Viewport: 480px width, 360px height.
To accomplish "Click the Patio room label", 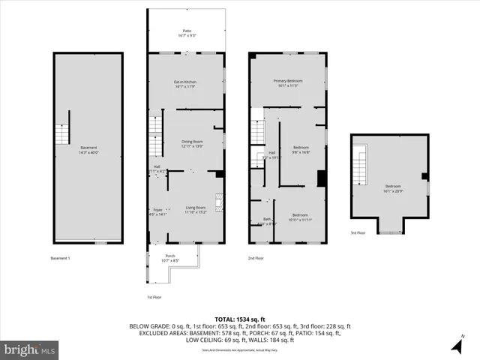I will [x=187, y=33].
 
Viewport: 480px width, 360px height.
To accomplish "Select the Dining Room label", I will [x=193, y=143].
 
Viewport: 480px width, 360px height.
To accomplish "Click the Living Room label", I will [x=196, y=210].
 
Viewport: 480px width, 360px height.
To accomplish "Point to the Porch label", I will [x=170, y=258].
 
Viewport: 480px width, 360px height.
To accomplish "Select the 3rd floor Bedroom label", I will [x=393, y=188].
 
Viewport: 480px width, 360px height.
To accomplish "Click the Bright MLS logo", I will [x=30, y=349].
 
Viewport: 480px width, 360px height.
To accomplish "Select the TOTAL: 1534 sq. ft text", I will [x=240, y=319].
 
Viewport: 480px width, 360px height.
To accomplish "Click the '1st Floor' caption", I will [x=154, y=296].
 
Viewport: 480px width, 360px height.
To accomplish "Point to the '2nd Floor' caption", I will [x=256, y=258].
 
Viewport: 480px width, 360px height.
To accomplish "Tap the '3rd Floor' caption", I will [x=358, y=233].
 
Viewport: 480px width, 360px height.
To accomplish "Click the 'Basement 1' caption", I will [x=60, y=258].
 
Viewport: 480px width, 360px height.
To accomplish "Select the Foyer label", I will [x=157, y=211].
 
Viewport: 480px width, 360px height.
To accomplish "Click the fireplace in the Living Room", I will [x=220, y=201].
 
